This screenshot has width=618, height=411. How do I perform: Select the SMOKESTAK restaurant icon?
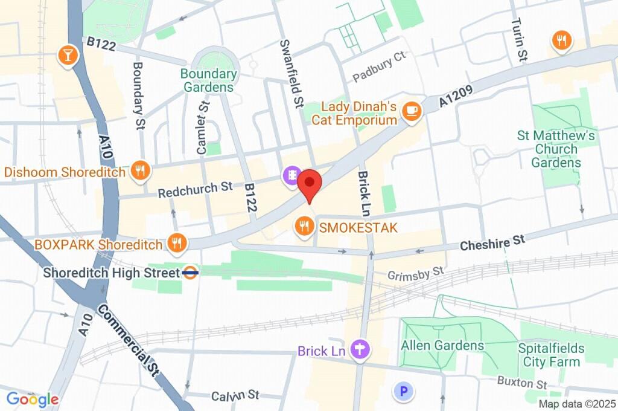pyautogui.click(x=304, y=227)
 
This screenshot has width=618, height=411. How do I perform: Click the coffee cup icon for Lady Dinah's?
pyautogui.click(x=411, y=111)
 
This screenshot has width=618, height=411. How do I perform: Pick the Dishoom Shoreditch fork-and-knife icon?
pyautogui.click(x=140, y=171)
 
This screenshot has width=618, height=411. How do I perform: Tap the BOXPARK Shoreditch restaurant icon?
pyautogui.click(x=176, y=244)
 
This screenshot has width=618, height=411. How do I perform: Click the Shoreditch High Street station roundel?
pyautogui.click(x=190, y=273)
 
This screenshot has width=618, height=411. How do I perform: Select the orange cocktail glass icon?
pyautogui.click(x=68, y=56)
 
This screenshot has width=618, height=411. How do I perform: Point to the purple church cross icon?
pyautogui.click(x=362, y=349)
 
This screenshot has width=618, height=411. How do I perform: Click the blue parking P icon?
pyautogui.click(x=404, y=392)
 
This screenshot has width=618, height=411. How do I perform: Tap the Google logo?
pyautogui.click(x=33, y=399)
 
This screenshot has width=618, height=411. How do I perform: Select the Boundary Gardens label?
pyautogui.click(x=209, y=80)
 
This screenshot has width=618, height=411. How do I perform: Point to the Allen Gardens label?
pyautogui.click(x=443, y=345)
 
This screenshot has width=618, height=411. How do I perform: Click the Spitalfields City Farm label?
pyautogui.click(x=551, y=355)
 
